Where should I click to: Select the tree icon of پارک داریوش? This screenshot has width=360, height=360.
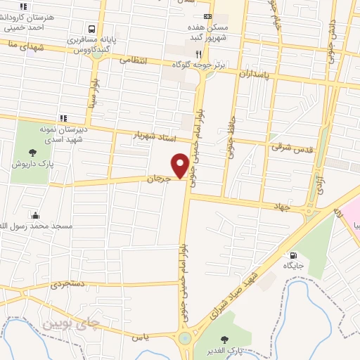point(32,151)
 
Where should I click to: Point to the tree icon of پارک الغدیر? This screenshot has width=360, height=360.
point(225,340)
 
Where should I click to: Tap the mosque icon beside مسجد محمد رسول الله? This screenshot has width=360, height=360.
point(35,215)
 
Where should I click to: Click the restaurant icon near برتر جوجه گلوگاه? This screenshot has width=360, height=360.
point(200,54)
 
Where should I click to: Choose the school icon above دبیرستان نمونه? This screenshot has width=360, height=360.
point(63,117)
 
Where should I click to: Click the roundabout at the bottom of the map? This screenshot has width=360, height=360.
point(185,338)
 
